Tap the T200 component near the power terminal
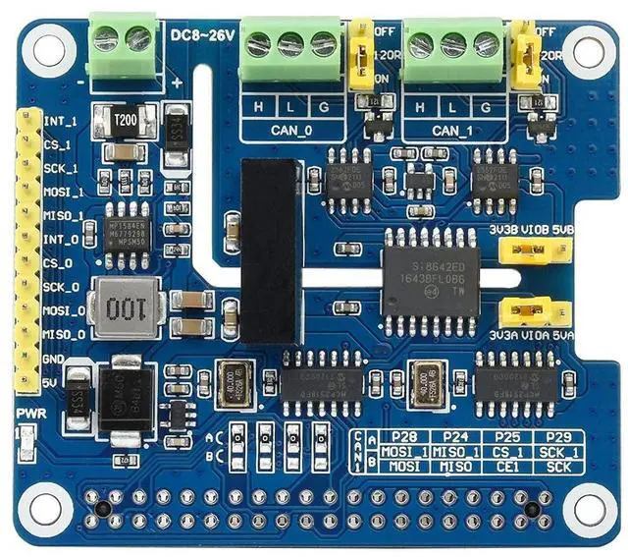click(126, 120)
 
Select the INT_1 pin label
click(61, 122)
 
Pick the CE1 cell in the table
click(506, 465)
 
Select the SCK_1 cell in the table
click(558, 451)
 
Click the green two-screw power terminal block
click(124, 42)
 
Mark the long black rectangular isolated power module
click(269, 252)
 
